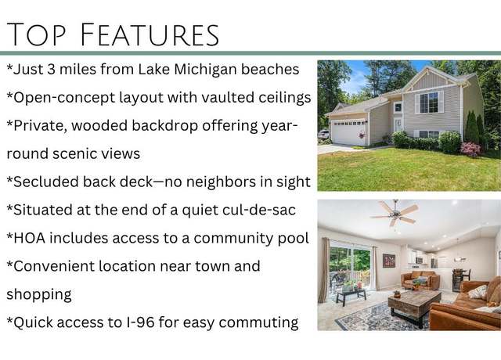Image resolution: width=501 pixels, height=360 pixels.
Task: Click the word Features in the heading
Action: point(150,34)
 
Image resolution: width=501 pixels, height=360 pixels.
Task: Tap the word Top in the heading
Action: point(36,34)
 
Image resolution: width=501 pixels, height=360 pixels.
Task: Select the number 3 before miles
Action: point(51,70)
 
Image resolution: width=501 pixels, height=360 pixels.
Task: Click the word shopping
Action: point(39,295)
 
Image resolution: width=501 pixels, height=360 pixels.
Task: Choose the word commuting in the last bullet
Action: point(258,323)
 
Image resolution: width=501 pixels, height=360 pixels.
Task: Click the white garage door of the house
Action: point(348,132)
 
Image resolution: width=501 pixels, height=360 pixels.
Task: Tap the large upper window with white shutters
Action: point(429,103)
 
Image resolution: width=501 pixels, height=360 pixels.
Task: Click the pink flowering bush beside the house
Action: point(470,149)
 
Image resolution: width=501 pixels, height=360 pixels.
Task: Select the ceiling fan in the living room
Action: point(395,212)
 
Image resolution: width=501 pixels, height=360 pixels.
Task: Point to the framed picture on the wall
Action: point(388,261)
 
